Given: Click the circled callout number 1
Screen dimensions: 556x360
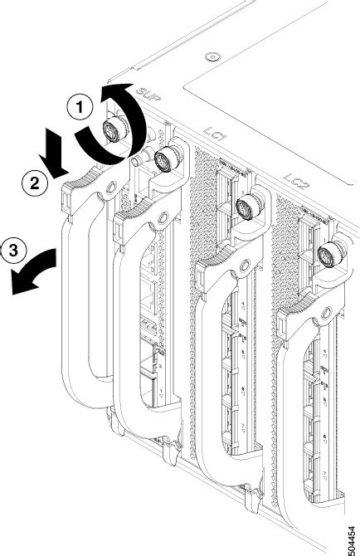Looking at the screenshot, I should [x=79, y=107].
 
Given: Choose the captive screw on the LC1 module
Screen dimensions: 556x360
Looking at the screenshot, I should [x=245, y=207].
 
